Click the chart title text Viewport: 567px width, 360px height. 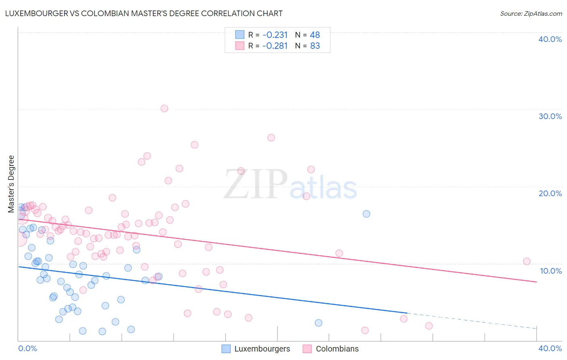pyautogui.click(x=144, y=13)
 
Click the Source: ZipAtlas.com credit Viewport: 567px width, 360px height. pyautogui.click(x=531, y=13)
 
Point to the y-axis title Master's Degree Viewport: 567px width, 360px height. pyautogui.click(x=11, y=184)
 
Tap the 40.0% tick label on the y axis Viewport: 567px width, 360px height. pyautogui.click(x=550, y=39)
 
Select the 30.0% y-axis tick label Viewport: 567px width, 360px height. pyautogui.click(x=550, y=116)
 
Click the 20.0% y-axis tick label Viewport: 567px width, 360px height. pyautogui.click(x=550, y=193)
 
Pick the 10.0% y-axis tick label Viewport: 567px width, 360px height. pyautogui.click(x=550, y=271)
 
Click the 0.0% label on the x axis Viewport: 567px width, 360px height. pyautogui.click(x=27, y=348)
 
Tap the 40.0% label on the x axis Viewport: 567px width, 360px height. pyautogui.click(x=550, y=348)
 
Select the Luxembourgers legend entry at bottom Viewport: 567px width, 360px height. pyautogui.click(x=256, y=349)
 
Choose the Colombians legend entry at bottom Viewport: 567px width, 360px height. pyautogui.click(x=331, y=349)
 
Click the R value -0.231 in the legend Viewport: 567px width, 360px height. pyautogui.click(x=275, y=35)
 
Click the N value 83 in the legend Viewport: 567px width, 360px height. pyautogui.click(x=315, y=46)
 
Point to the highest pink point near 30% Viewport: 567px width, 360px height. pyautogui.click(x=164, y=108)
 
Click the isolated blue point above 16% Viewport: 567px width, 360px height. pyautogui.click(x=366, y=214)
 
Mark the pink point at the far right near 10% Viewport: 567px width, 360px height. pyautogui.click(x=527, y=261)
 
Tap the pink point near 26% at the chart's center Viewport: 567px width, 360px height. pyautogui.click(x=271, y=138)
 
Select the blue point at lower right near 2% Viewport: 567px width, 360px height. pyautogui.click(x=319, y=323)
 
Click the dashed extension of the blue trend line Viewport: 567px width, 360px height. pyautogui.click(x=472, y=321)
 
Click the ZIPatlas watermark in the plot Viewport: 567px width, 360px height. pyautogui.click(x=290, y=185)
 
